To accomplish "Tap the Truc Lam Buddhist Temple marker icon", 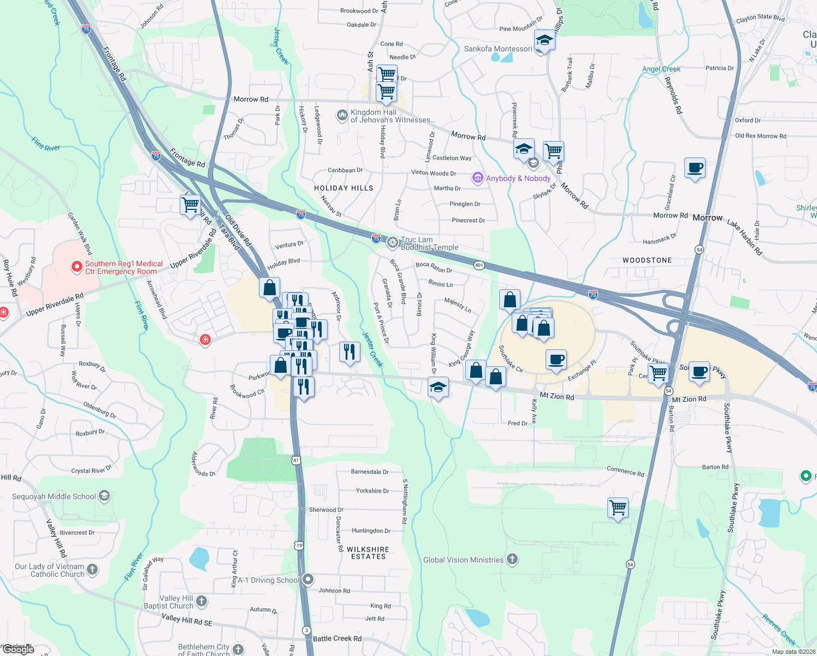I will pos(392,243).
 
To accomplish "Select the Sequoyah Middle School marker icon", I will pos(104,496).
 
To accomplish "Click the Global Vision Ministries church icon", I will pos(512,559).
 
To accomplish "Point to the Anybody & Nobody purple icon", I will pos(478,178).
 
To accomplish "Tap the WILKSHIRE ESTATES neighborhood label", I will pos(368,553).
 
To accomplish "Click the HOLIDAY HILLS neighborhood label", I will pos(344,188).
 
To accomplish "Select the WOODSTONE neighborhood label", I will pos(647,260).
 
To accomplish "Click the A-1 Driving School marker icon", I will pos(308,579).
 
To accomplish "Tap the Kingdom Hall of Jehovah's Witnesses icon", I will pos(342,115).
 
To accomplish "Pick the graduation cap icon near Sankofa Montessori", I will pos(544,40).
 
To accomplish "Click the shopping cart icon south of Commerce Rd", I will pos(618,508).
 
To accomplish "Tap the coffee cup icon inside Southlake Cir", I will pos(556,360).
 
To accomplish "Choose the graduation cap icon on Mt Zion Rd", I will pos(438,387).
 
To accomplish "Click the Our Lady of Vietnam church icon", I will pos(92,569).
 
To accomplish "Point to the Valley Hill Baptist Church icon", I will pos(202,601).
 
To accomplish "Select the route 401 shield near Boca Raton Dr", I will pos(479,265).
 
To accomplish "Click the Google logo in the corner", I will pos(18,649).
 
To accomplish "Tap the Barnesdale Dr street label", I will pos(370,472).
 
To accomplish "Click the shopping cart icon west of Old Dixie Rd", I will pos(190,205).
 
